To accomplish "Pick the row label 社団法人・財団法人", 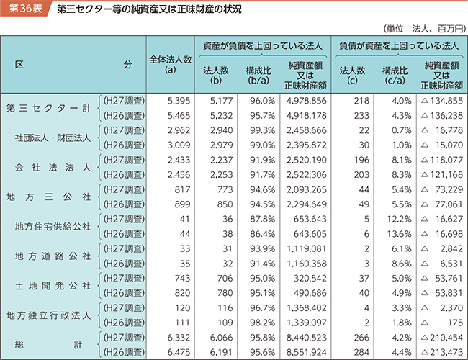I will pos(53,138).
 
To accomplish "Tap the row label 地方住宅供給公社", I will pos(53,225).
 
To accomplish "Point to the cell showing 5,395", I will pos(177,101).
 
